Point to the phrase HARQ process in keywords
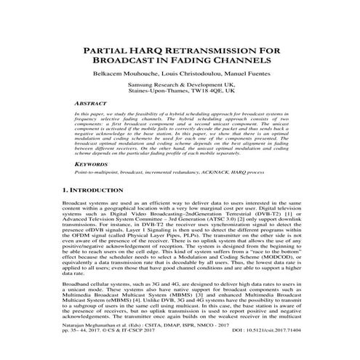click(266, 172)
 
